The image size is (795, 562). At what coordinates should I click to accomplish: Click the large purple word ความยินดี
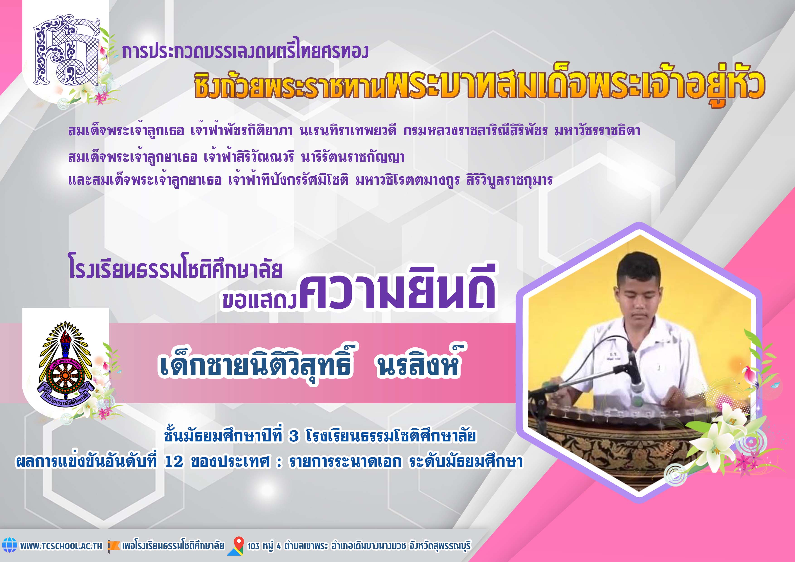pos(397,289)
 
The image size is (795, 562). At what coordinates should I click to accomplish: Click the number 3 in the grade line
pos(294,436)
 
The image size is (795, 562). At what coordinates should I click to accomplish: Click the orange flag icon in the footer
pos(114,545)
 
